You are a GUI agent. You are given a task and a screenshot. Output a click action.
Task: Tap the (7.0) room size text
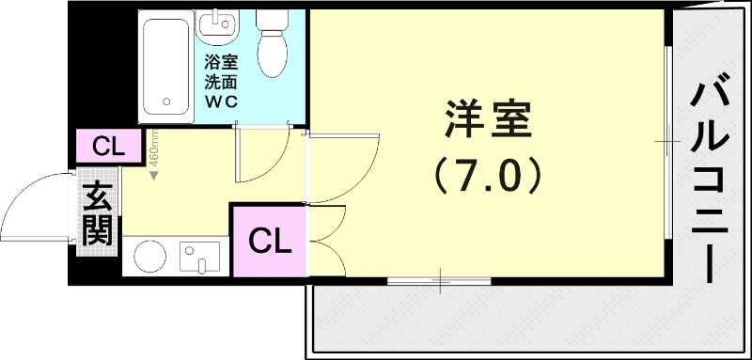pos(488,175)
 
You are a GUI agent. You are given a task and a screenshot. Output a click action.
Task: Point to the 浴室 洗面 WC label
pos(222,83)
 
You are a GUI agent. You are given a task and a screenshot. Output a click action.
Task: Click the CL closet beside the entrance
pos(107,147)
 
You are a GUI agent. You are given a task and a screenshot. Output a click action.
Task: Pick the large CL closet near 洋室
pos(270,242)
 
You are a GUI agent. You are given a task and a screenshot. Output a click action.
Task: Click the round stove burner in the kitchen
pos(150,256)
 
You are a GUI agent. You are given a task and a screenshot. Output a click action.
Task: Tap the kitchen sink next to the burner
pos(199,256)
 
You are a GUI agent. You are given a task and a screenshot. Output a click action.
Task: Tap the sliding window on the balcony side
pos(669,141)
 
